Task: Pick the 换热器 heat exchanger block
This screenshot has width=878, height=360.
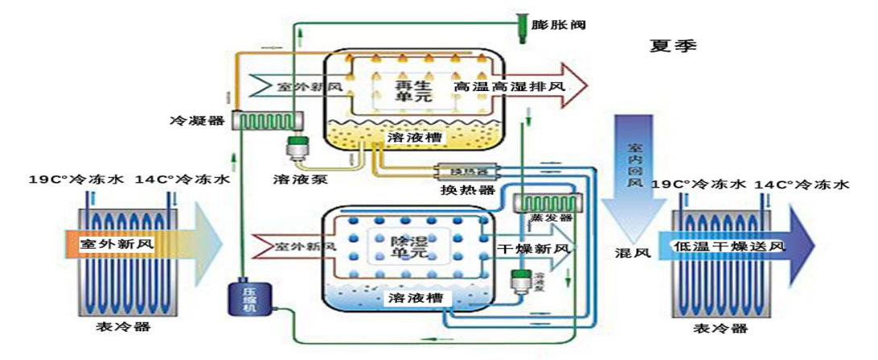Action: point(468,172)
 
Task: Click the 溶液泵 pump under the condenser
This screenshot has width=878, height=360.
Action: point(300,147)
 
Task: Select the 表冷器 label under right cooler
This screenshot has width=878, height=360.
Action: point(720,327)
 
